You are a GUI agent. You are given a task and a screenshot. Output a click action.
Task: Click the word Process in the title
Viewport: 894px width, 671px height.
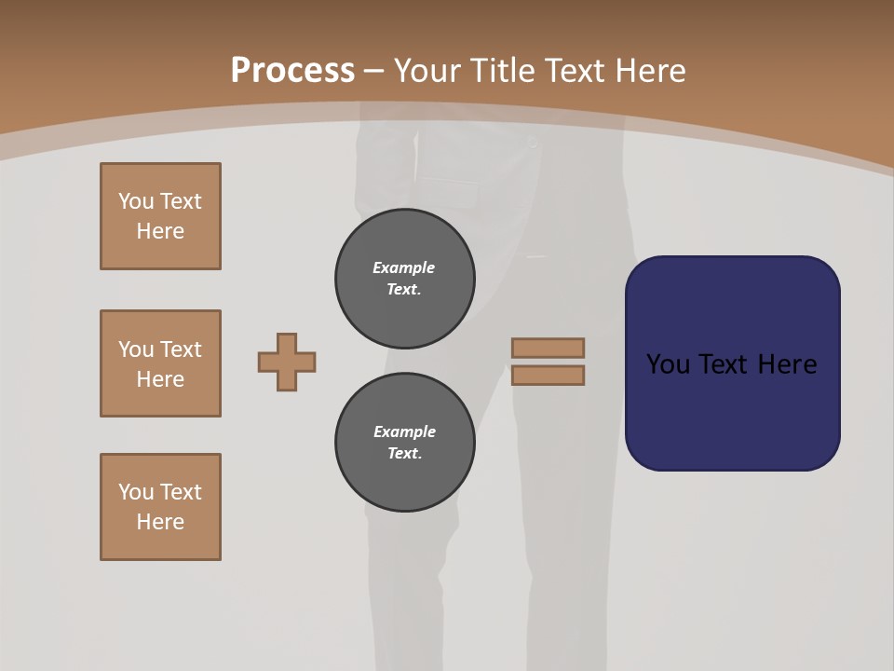[292, 71]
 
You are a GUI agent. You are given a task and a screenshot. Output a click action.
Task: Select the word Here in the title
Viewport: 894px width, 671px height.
[647, 71]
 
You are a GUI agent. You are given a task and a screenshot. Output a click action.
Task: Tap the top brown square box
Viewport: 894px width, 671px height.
[160, 216]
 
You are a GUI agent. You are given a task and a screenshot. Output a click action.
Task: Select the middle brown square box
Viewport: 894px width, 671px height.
[160, 363]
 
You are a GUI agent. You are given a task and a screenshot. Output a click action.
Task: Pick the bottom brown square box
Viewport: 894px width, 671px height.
[160, 507]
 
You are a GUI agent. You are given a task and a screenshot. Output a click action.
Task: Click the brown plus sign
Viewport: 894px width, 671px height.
[287, 362]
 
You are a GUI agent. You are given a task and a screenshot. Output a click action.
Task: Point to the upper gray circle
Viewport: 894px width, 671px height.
[405, 279]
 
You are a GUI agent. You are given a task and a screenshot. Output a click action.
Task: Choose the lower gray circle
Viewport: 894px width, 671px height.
[405, 443]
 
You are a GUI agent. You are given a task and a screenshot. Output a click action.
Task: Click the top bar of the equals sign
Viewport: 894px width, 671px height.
[548, 348]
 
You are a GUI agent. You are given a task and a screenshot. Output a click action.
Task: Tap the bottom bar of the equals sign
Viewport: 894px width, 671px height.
[548, 375]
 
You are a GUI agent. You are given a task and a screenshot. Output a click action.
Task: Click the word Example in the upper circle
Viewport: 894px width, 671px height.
[404, 267]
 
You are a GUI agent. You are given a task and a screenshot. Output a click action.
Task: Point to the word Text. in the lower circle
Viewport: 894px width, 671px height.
[404, 454]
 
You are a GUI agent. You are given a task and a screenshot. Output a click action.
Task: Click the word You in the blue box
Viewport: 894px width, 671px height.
[668, 364]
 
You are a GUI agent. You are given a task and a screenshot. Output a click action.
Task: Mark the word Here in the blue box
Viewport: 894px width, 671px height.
[787, 364]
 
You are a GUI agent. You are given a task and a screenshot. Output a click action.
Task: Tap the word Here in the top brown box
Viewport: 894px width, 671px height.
[160, 231]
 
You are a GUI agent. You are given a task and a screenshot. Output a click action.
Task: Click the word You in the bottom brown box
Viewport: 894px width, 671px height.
[136, 492]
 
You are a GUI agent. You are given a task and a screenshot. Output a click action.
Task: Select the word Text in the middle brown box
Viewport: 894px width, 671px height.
[181, 349]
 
